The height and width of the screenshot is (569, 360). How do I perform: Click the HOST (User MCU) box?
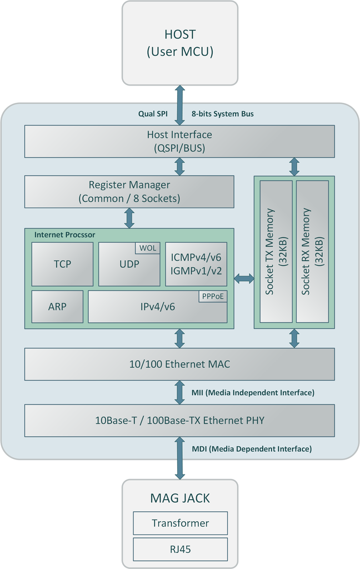180,43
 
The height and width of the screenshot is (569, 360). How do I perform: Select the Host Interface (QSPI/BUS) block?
179,141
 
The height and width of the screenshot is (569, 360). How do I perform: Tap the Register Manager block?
129,192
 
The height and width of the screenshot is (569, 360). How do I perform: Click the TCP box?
62,264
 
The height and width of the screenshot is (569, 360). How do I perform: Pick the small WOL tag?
147,248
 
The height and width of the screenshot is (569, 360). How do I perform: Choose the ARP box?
57,306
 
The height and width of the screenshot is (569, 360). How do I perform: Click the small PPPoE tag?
213,296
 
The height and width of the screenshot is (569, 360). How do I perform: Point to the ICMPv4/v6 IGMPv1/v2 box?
196,264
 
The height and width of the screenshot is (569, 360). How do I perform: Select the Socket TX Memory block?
276,251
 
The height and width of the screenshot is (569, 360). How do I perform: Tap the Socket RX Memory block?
312,251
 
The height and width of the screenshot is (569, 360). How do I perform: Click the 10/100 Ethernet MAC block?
179,365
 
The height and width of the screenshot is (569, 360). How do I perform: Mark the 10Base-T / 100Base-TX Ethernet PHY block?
179,421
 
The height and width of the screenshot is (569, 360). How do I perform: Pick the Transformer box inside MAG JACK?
180,523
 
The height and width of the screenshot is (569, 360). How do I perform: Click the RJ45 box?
180,549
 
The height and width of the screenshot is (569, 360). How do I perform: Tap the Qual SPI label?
153,114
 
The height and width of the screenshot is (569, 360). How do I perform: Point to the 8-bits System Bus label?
222,114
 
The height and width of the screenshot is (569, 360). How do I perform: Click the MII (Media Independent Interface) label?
253,393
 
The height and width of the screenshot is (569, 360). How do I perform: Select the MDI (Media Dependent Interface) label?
251,448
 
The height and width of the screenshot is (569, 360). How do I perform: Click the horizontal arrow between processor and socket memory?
244,279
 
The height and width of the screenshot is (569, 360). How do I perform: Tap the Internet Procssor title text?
64,235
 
